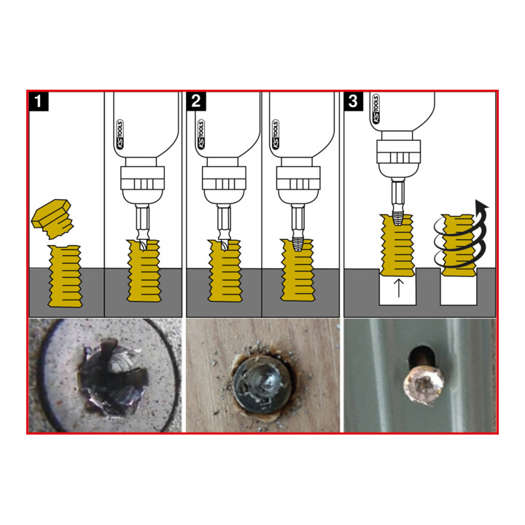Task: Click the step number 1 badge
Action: coord(39,101)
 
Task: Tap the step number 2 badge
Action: coord(196,101)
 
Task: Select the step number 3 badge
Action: coord(354,101)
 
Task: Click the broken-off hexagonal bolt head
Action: coord(52,219)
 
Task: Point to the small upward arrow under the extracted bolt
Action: coord(398,289)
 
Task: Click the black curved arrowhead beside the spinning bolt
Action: coord(481,206)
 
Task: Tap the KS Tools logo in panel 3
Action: coord(376,109)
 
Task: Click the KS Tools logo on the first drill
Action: coord(120,134)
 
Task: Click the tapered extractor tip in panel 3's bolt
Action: coord(397,218)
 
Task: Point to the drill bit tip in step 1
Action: coord(142,244)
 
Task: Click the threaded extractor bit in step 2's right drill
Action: coord(297,243)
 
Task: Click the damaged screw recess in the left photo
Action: coord(112,377)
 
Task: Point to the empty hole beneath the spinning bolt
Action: coord(459,290)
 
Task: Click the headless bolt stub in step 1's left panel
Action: coord(66,276)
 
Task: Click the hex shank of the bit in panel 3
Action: coord(397,195)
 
